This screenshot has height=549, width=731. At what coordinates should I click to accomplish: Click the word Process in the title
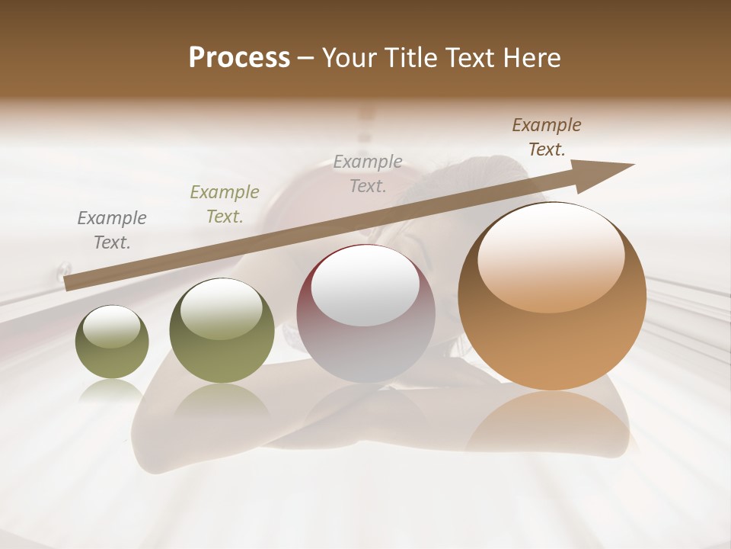[x=239, y=58]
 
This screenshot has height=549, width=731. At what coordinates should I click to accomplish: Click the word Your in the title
[x=348, y=58]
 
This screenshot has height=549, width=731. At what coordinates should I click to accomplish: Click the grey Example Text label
[x=112, y=230]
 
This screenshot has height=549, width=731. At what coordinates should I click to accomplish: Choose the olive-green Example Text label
[x=225, y=204]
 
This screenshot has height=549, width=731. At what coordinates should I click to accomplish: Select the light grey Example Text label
[x=368, y=174]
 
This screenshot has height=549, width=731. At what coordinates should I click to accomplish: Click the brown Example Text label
[x=547, y=137]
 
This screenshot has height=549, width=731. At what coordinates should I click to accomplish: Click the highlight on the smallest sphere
[x=112, y=326]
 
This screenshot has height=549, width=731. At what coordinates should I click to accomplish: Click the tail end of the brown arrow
[x=70, y=284]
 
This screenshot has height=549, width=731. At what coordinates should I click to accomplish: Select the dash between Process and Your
[x=306, y=59]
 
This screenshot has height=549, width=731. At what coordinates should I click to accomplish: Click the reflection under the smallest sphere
[x=112, y=390]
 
